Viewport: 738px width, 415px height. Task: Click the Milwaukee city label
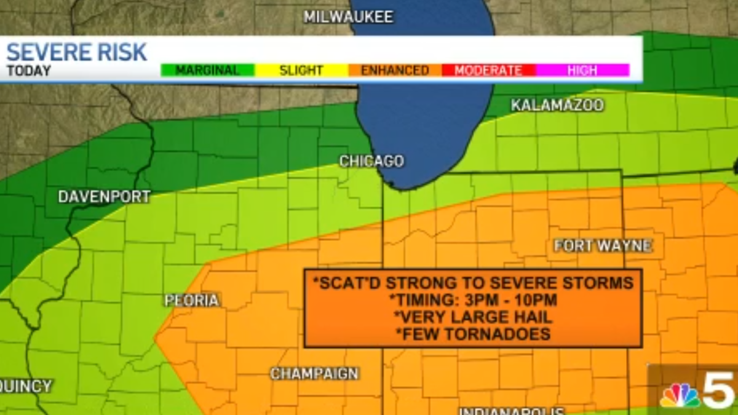[x=348, y=17]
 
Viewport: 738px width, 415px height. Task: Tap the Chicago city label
[x=371, y=161]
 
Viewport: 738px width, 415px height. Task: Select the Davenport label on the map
[x=104, y=197]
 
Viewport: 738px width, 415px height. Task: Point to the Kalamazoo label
[x=557, y=105]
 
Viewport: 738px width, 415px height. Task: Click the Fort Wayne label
[x=603, y=246]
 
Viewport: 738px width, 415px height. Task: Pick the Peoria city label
[x=192, y=300]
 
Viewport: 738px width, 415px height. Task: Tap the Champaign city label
[x=314, y=373]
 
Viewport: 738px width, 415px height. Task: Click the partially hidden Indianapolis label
[x=512, y=410]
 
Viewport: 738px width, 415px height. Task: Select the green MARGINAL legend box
[x=207, y=70]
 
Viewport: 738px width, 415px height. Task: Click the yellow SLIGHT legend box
[x=301, y=70]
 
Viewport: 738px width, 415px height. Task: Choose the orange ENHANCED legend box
[x=395, y=70]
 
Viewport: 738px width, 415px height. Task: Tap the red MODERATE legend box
[x=488, y=70]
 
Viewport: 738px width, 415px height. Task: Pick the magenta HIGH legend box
[x=582, y=70]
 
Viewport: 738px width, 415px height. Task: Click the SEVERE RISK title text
[x=77, y=52]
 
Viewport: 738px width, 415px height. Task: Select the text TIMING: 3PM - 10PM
[x=473, y=301]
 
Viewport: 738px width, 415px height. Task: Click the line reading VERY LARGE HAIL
[x=473, y=317]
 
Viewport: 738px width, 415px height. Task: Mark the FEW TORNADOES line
[x=473, y=334]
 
